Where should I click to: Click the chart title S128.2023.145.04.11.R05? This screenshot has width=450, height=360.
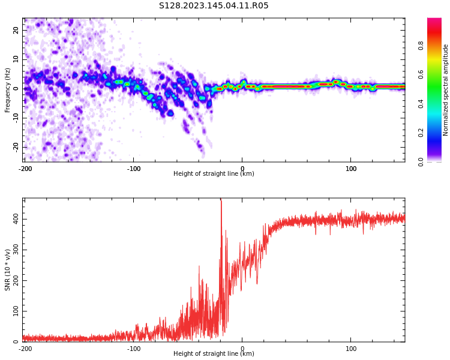(x=214, y=6)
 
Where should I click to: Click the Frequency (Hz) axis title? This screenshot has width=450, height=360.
(x=8, y=90)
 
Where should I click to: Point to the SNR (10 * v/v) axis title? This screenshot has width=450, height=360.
(x=8, y=270)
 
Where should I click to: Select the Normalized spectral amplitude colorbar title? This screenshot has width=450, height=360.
(x=446, y=90)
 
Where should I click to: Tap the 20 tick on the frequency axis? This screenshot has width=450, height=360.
(x=16, y=31)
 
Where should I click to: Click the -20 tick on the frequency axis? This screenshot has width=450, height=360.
(x=16, y=146)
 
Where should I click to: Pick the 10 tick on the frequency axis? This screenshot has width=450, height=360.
(x=16, y=59)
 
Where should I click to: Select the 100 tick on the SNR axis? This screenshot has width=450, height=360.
(x=16, y=311)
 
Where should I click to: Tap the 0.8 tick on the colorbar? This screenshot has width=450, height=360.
(x=437, y=44)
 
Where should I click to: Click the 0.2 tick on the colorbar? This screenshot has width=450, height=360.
(x=437, y=133)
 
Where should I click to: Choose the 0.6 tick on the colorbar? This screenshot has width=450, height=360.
(x=437, y=74)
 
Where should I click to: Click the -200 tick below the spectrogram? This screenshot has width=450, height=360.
(x=25, y=168)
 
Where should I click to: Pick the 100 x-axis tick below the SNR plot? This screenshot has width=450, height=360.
(x=351, y=348)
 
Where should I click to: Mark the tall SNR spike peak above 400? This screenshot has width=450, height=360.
(x=221, y=200)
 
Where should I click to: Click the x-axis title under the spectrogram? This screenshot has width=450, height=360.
(x=214, y=174)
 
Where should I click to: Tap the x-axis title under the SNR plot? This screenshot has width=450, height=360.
(x=214, y=354)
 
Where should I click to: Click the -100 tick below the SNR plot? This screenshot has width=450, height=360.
(x=134, y=348)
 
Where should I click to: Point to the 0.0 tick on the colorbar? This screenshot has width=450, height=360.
(x=437, y=161)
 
